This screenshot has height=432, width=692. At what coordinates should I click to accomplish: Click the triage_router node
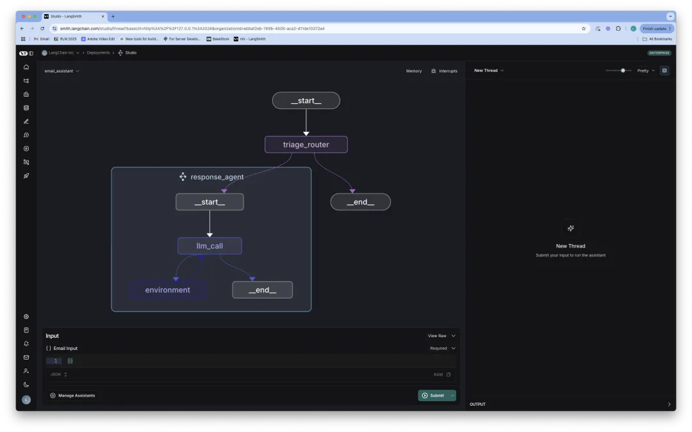tap(306, 144)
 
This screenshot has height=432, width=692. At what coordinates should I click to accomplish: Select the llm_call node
tap(210, 246)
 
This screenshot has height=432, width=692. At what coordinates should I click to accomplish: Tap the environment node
tap(167, 290)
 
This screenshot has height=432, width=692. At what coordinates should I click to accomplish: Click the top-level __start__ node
tap(306, 101)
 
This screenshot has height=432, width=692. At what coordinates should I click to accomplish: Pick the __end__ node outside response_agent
tap(360, 202)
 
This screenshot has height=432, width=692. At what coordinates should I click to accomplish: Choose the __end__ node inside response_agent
tap(262, 290)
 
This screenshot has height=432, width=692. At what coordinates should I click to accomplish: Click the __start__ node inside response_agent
tap(210, 202)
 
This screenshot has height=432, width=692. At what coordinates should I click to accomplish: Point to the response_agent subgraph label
tap(217, 177)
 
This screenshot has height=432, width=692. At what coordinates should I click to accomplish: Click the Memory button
tap(414, 71)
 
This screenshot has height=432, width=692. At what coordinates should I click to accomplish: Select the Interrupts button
tap(444, 71)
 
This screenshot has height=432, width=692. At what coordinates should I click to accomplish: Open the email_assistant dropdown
tap(62, 71)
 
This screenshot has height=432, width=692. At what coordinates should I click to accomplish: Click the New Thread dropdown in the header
tap(489, 71)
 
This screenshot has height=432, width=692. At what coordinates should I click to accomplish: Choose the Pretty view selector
tap(646, 71)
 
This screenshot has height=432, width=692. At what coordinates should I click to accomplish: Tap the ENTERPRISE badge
tap(659, 53)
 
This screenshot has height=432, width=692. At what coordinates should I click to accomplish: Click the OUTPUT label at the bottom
tap(477, 404)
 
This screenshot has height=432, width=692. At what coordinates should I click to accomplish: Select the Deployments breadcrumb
tap(98, 53)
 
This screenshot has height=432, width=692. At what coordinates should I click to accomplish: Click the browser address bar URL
tap(192, 28)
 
